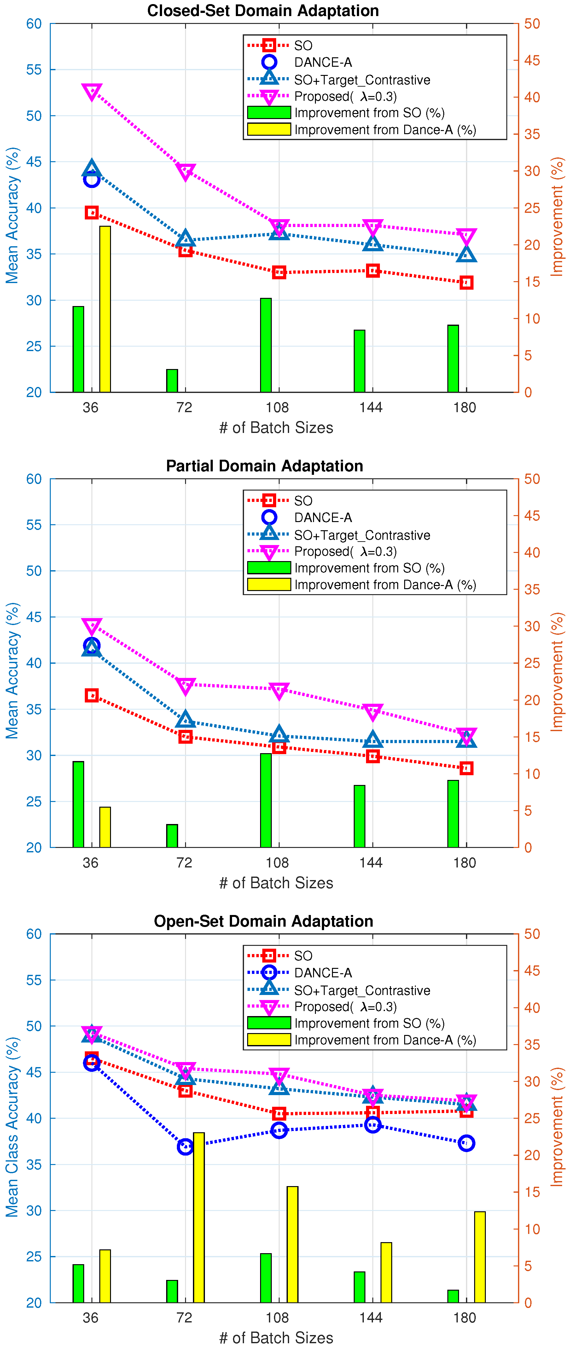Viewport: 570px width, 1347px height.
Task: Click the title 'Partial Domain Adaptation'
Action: (264, 466)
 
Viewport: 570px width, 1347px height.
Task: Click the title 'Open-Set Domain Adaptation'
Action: (263, 921)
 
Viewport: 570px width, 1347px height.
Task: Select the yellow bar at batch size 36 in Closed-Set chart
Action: (105, 309)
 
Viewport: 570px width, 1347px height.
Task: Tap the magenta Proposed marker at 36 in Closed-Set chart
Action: (92, 92)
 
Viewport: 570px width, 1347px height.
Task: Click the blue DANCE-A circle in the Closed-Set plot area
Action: (92, 180)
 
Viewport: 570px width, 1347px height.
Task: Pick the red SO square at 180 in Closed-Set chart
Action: (466, 283)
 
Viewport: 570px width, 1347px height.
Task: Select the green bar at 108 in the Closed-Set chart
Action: (266, 345)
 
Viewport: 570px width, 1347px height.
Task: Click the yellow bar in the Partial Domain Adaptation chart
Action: (105, 827)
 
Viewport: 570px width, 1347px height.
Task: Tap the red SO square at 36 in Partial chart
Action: (92, 695)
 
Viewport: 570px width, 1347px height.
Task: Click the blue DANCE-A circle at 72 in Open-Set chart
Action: (185, 1146)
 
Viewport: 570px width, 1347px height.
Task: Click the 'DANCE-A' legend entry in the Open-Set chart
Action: (323, 973)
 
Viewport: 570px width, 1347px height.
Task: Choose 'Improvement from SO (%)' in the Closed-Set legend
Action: (369, 113)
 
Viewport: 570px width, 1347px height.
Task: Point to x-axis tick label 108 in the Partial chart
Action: (277, 862)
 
